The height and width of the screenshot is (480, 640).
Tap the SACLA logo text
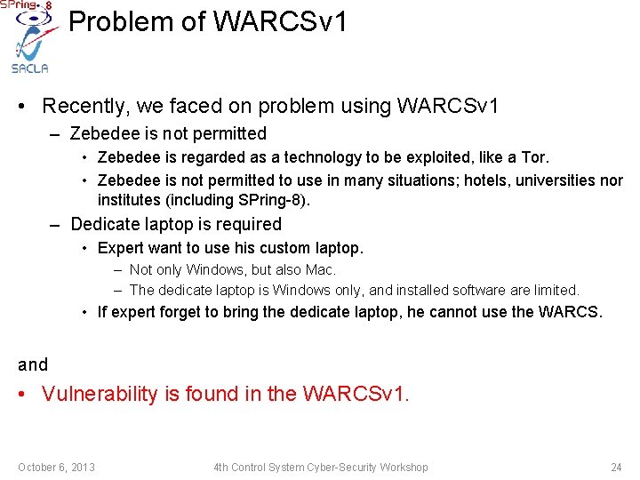point(29,68)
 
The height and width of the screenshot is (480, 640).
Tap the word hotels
point(419,180)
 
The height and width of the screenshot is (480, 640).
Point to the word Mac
point(321,269)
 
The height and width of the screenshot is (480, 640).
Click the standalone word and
point(33,364)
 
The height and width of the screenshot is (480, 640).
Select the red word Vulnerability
point(99,394)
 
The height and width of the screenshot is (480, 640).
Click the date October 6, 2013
point(56,468)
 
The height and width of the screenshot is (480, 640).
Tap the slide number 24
point(616,468)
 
